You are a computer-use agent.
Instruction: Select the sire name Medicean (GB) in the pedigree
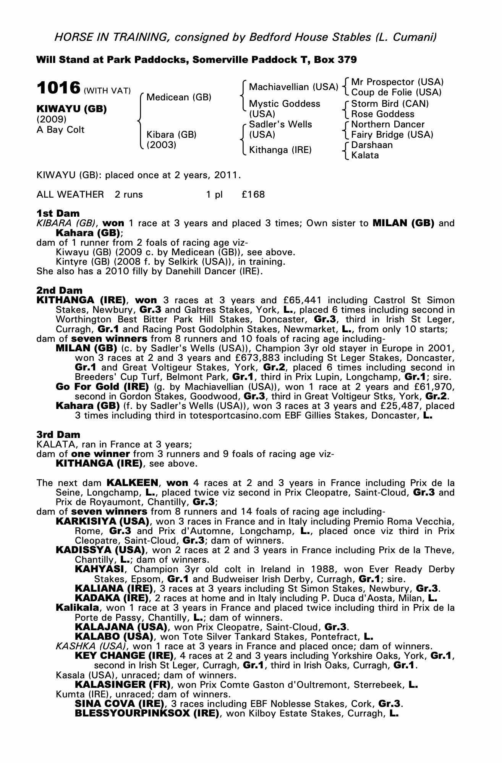[179, 97]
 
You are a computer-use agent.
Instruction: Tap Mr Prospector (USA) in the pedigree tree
[397, 82]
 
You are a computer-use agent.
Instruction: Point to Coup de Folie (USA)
[396, 92]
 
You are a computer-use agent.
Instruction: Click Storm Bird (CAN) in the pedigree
[390, 104]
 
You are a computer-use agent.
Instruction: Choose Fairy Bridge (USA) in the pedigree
[392, 135]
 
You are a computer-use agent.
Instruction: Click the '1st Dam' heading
[58, 213]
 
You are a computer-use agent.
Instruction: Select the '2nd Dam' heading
[59, 291]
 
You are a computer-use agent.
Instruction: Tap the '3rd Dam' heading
[58, 435]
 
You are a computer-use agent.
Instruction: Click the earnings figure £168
[253, 195]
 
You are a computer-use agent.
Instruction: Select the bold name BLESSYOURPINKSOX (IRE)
[147, 713]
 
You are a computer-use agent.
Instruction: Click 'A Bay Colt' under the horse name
[60, 130]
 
